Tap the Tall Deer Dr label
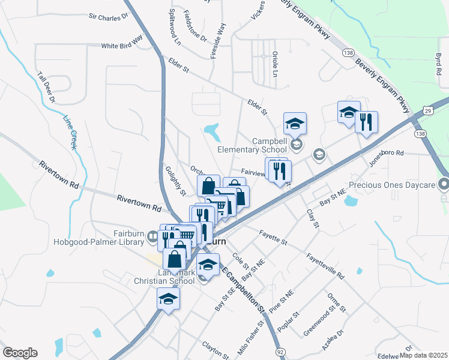(46, 86)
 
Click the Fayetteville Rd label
(325, 266)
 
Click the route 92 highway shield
(280, 350)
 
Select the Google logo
(20, 353)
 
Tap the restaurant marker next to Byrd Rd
(366, 122)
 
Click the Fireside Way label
(218, 41)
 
